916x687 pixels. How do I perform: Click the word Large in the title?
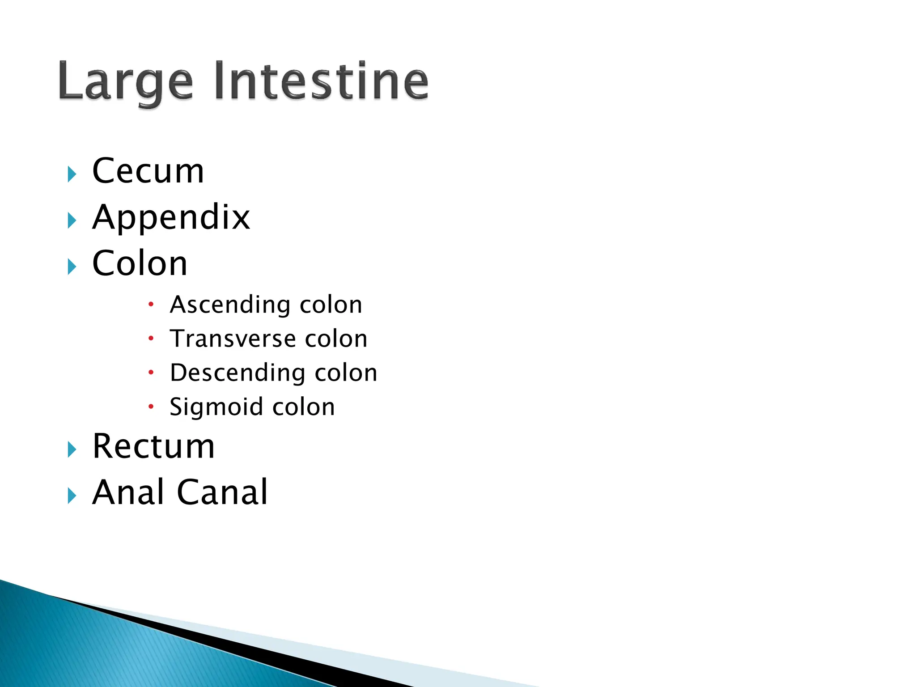(x=125, y=83)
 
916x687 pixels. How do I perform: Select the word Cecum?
(x=148, y=171)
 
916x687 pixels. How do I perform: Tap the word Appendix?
(x=171, y=218)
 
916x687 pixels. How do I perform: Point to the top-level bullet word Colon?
(x=140, y=263)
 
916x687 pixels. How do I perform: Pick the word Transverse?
(x=233, y=339)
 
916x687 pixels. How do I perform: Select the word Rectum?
(x=153, y=446)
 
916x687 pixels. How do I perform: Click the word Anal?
(x=128, y=492)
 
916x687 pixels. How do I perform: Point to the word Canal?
(x=222, y=492)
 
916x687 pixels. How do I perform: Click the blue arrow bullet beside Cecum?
(x=72, y=174)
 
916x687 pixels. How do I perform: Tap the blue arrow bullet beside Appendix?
(x=72, y=221)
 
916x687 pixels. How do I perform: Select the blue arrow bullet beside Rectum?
(x=72, y=450)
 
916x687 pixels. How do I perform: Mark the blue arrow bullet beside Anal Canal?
(x=72, y=496)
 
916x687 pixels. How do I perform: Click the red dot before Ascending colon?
(x=151, y=305)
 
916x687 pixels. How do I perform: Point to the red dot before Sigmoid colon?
(x=151, y=407)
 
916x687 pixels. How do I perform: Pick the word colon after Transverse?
(x=336, y=339)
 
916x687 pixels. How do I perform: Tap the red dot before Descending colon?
(x=151, y=372)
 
